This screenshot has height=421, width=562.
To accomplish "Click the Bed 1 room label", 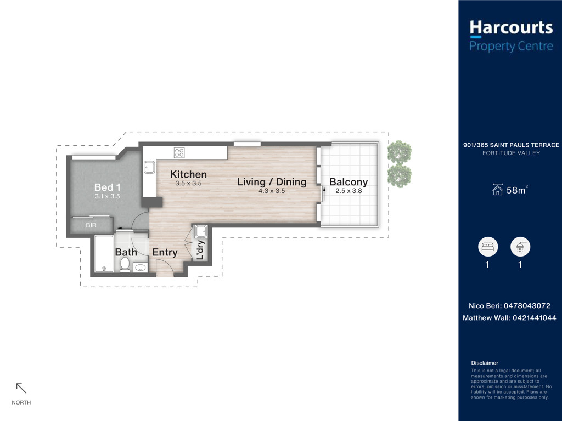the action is coord(108,187).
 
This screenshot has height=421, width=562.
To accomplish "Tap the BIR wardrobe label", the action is coord(91,225).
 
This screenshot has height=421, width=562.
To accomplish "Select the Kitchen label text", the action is coord(189,174).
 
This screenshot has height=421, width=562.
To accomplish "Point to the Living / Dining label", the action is coord(272,182).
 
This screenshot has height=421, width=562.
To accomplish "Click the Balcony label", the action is coord(349,182).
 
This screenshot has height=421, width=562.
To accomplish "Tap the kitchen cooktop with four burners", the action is coord(179,153).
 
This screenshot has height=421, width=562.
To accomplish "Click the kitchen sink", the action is coord(149,167).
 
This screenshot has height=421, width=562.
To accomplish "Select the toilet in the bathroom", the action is coord(125,265).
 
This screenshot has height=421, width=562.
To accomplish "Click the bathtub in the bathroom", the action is coord(104,254).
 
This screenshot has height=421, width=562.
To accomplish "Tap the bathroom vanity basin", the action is coord(140,268).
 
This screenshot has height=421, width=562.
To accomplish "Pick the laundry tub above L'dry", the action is coord(201,231).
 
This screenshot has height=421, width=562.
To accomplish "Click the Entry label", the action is coord(165,252).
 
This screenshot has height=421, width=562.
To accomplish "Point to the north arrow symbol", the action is coord(21,388).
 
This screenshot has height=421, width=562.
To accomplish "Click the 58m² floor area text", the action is coord(517,190).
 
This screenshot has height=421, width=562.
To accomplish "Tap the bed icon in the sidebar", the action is coord(488,247).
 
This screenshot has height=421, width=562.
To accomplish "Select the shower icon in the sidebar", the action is coord(520,247).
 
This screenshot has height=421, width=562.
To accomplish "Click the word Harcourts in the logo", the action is coord(511,28).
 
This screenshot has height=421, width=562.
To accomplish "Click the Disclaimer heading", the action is coord(485,363).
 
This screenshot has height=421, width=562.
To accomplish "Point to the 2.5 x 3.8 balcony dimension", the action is coord(349,191).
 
